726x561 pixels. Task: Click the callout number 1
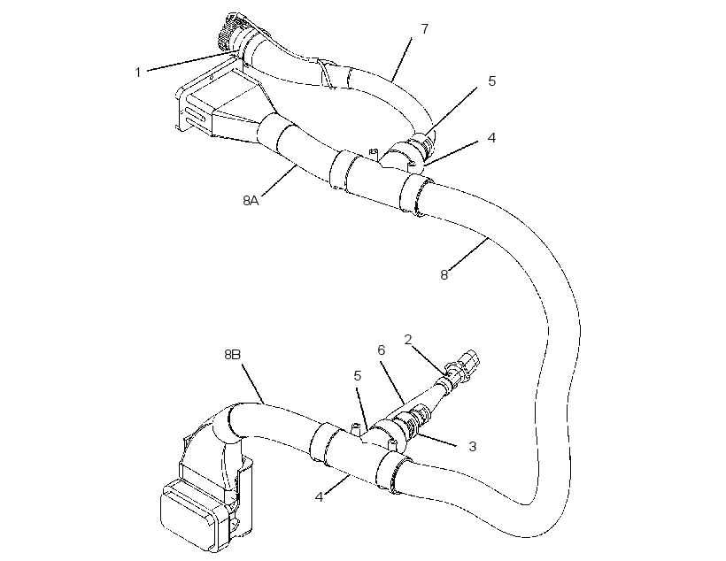pyautogui.click(x=137, y=73)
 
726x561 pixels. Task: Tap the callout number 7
pyautogui.click(x=425, y=28)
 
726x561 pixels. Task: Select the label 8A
pyautogui.click(x=251, y=201)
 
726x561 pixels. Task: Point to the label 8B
pyautogui.click(x=233, y=355)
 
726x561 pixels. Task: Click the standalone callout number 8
pyautogui.click(x=444, y=275)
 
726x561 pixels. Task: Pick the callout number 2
pyautogui.click(x=408, y=340)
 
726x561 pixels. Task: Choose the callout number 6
pyautogui.click(x=381, y=350)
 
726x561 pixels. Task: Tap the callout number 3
pyautogui.click(x=472, y=447)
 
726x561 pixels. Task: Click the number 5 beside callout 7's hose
pyautogui.click(x=491, y=81)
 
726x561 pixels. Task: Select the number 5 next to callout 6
pyautogui.click(x=357, y=376)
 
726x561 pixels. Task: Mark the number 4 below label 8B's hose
pyautogui.click(x=319, y=497)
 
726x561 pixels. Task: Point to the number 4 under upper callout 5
pyautogui.click(x=491, y=138)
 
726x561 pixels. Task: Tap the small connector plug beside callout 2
pyautogui.click(x=466, y=365)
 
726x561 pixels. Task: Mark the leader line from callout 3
pyautogui.click(x=436, y=440)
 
